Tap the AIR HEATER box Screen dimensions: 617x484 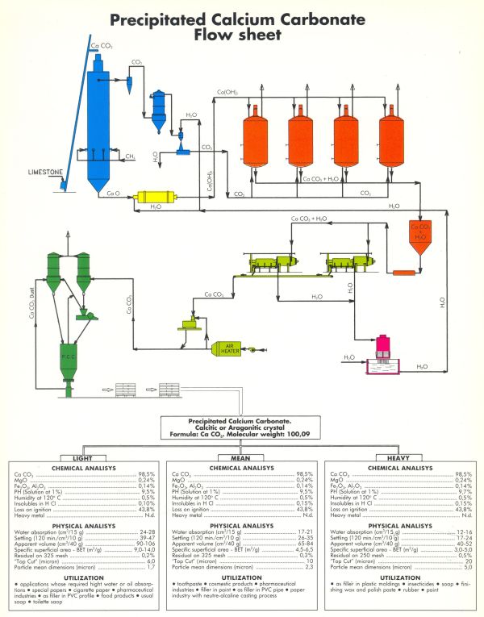coord(230,348)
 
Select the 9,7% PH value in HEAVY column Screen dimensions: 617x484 coord(462,492)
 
